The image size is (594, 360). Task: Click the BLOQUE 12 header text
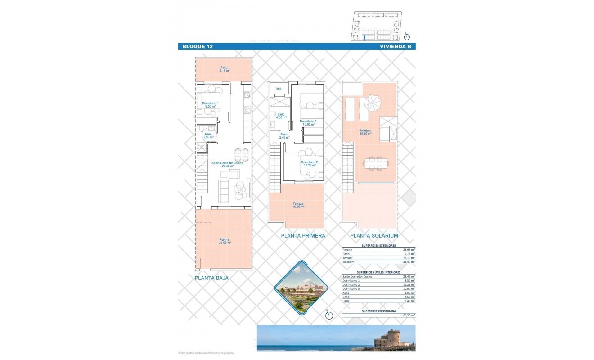pyautogui.click(x=198, y=46)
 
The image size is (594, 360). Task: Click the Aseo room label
pyautogui.click(x=208, y=135)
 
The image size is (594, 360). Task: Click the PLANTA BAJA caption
pyautogui.click(x=211, y=278)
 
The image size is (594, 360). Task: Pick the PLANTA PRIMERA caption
pyautogui.click(x=303, y=235)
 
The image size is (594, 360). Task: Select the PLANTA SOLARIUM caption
pyautogui.click(x=374, y=235)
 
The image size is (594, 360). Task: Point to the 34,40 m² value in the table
pyautogui.click(x=408, y=262)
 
